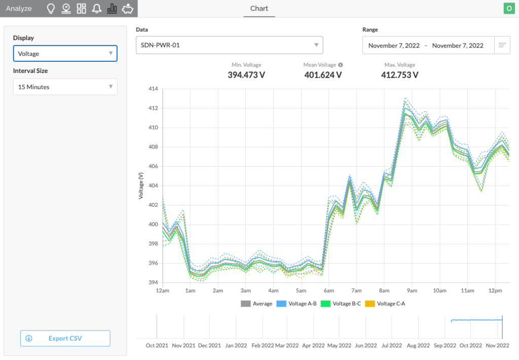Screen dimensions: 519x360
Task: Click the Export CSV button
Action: [65, 338]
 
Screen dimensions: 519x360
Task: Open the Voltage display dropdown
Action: [65, 53]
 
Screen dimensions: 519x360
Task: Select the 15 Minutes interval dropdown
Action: [65, 87]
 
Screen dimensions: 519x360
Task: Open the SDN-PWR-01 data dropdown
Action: [230, 45]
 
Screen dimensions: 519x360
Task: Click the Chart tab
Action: [259, 9]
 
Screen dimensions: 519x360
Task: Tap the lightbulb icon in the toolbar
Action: [51, 9]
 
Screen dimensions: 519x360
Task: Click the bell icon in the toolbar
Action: [97, 9]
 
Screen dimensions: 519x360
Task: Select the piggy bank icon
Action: [127, 9]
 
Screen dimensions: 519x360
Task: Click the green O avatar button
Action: [509, 8]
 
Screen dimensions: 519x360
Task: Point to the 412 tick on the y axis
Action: [153, 109]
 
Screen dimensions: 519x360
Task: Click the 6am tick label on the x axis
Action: [328, 291]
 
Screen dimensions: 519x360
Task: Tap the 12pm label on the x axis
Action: [495, 291]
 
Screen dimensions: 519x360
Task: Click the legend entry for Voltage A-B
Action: [296, 304]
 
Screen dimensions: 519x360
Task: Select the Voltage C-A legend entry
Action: [385, 304]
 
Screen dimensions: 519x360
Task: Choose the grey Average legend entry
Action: [256, 304]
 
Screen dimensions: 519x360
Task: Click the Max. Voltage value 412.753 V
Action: [400, 75]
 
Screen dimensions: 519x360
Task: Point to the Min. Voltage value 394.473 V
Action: [246, 75]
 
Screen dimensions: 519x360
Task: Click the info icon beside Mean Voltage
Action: [341, 65]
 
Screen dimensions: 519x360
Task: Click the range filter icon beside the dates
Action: [502, 45]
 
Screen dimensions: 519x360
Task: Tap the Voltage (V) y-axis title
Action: [141, 186]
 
